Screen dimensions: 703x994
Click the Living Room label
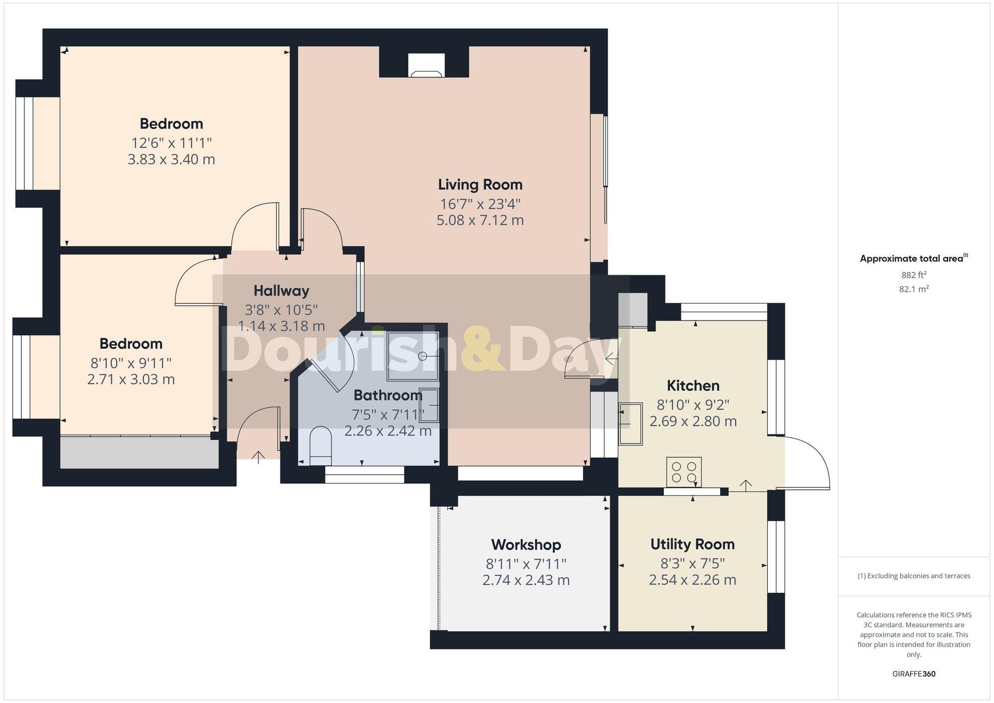click(x=480, y=185)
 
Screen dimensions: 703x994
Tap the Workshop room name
click(x=526, y=545)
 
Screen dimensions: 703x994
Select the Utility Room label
click(x=692, y=545)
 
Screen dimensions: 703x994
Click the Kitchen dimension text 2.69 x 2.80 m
click(x=693, y=421)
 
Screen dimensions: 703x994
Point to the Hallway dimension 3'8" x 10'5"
click(x=281, y=310)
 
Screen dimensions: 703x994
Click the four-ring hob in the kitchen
click(x=684, y=472)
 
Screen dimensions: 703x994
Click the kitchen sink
click(x=630, y=423)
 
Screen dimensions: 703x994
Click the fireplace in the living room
click(x=426, y=67)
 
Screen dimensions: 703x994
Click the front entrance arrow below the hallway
click(x=258, y=457)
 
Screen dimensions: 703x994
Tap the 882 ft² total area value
click(x=913, y=275)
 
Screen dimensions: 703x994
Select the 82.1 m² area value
click(x=913, y=289)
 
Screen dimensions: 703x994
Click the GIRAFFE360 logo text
click(x=913, y=674)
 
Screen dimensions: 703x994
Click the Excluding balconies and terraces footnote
click(x=913, y=576)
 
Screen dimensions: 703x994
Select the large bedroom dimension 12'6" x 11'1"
click(x=171, y=143)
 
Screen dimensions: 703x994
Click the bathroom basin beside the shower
click(x=429, y=405)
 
